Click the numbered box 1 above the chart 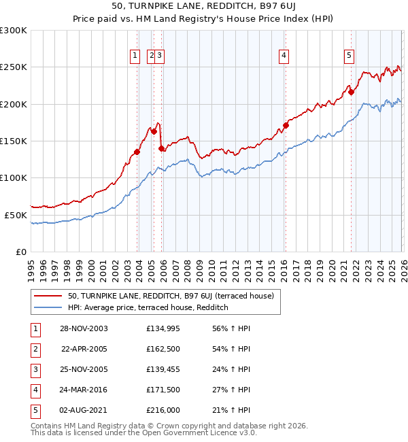pyautogui.click(x=135, y=56)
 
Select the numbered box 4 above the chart pyautogui.click(x=284, y=56)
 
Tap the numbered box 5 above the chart pyautogui.click(x=349, y=56)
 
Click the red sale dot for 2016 pyautogui.click(x=286, y=125)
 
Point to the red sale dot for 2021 pyautogui.click(x=352, y=92)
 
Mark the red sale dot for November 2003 pyautogui.click(x=137, y=152)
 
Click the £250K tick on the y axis pyautogui.click(x=14, y=67)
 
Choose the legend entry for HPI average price pyautogui.click(x=148, y=308)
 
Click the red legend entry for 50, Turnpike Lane pyautogui.click(x=170, y=296)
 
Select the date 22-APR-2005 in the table pyautogui.click(x=84, y=349)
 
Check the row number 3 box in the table pyautogui.click(x=34, y=370)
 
